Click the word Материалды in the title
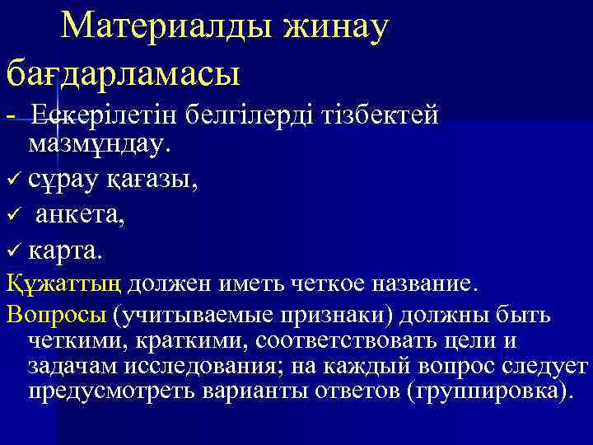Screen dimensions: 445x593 click(165, 27)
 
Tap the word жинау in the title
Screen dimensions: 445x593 click(336, 27)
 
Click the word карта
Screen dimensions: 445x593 click(67, 248)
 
